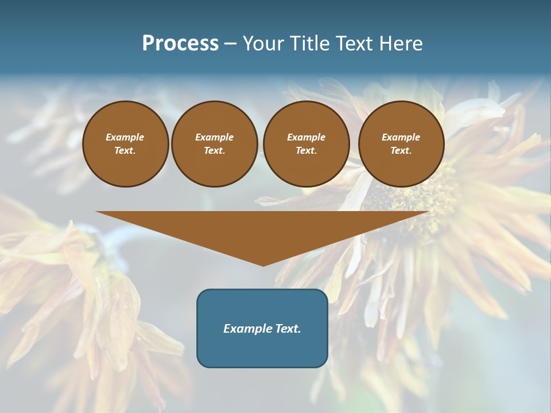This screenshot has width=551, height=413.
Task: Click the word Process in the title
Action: [x=180, y=44]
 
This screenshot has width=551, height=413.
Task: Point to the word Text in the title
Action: [x=354, y=44]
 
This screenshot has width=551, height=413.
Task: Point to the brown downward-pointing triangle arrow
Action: [x=262, y=229]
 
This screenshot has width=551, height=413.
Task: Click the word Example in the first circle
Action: [x=125, y=137]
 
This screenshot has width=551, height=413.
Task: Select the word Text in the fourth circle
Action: [x=401, y=151]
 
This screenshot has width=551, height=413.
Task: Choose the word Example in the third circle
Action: [x=306, y=137]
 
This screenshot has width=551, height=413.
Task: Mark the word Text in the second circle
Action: [x=214, y=151]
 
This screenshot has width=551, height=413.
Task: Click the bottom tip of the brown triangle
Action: [x=263, y=264]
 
